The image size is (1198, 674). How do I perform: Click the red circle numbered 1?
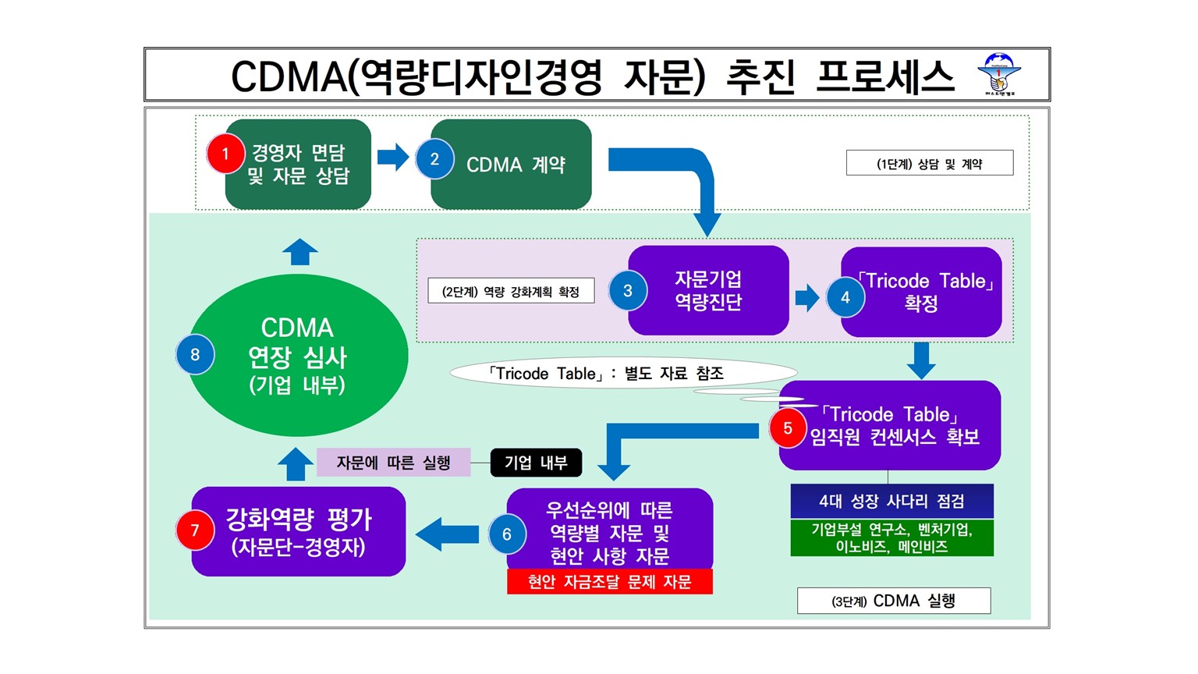pos(225,154)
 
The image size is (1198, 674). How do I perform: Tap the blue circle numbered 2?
pos(434,158)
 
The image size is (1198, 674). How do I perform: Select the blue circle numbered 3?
pos(628,290)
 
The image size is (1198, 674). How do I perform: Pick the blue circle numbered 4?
pos(845,297)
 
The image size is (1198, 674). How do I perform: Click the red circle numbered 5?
pos(788,428)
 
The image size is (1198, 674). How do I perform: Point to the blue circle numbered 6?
pos(507,534)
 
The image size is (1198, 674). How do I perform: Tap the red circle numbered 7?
pos(195,530)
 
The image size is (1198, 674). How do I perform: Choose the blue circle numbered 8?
pos(195,355)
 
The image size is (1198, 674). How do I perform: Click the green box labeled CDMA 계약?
pos(512,165)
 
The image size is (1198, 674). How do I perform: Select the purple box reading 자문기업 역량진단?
pos(708,290)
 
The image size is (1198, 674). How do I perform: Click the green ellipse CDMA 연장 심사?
pos(297,355)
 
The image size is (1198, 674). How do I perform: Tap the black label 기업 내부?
pos(536,463)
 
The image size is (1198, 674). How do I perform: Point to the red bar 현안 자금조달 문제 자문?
pos(610,581)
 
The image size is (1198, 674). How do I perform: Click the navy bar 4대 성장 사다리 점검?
pos(892,502)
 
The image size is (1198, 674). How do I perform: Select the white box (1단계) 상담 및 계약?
pos(930,162)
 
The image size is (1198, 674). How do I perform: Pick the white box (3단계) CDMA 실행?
pos(894,601)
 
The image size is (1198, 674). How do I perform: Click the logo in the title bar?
pos(999,74)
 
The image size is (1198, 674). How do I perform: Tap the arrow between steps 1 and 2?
pos(393,158)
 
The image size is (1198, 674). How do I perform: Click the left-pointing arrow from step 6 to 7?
pos(447,534)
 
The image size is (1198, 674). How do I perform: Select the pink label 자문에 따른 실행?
pos(394,462)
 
